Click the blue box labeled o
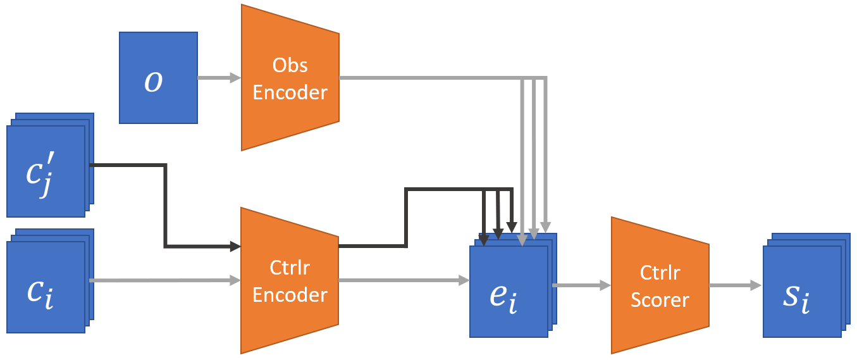[x=158, y=78]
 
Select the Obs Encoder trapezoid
[x=290, y=78]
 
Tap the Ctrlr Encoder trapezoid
[x=290, y=280]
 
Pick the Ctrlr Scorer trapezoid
[x=660, y=285]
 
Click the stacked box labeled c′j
[x=50, y=165]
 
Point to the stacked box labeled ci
[x=50, y=281]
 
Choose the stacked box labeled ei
[x=513, y=285]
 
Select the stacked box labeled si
[x=806, y=285]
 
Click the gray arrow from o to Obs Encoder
[x=219, y=78]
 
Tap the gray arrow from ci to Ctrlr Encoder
[x=165, y=280]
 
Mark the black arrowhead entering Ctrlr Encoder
[x=235, y=246]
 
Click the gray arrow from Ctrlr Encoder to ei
[x=404, y=280]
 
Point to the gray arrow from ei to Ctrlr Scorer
[x=581, y=285]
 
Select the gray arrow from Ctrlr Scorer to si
[x=736, y=285]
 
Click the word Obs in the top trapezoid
[x=290, y=65]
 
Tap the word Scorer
[x=660, y=299]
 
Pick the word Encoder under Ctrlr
[x=290, y=295]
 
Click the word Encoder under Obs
[x=290, y=92]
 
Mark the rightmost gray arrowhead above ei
[x=546, y=227]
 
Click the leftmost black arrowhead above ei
[x=484, y=240]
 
